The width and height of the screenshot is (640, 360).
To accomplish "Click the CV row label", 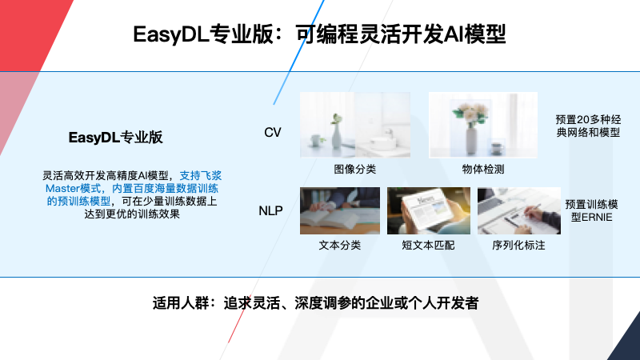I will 273,131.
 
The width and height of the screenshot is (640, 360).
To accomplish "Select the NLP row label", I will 270,211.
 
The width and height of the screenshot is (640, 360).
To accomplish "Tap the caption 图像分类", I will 354,169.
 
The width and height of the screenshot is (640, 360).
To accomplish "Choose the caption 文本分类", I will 339,245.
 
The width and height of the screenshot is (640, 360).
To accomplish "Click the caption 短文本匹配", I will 428,245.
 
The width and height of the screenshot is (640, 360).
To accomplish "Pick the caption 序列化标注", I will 518,245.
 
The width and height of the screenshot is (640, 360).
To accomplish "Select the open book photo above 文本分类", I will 339,210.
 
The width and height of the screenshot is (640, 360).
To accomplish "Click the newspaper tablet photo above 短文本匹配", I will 428,210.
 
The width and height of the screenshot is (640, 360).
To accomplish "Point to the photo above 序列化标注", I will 518,210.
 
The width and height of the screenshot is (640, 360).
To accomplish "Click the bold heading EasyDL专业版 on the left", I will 115,138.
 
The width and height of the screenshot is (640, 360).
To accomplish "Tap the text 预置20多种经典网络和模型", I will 588,125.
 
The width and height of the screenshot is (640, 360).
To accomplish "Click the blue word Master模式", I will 72,188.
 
